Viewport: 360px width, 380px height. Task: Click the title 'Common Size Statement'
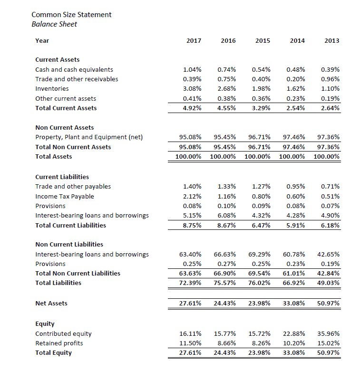coord(71,14)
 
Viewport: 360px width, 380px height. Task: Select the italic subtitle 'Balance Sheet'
coord(54,24)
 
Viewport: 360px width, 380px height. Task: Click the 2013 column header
coord(331,41)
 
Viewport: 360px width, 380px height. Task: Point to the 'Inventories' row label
coord(52,89)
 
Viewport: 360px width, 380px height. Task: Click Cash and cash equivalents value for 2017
coord(192,69)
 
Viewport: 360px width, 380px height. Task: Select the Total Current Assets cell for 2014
coord(295,108)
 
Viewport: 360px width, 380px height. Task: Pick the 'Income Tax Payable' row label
coord(65,196)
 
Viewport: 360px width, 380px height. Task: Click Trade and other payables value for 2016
coord(226,187)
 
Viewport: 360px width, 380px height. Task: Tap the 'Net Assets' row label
coord(51,303)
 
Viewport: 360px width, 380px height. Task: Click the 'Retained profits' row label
coord(59,343)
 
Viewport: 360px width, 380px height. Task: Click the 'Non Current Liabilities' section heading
coord(69,244)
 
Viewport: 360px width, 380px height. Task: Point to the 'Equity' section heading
coord(45,324)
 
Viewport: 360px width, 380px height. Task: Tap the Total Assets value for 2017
coord(188,156)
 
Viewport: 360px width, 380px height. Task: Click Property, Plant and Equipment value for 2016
coord(225,137)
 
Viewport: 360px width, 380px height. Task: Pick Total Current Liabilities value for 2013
coord(330,225)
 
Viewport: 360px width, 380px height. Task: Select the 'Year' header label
coord(42,41)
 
